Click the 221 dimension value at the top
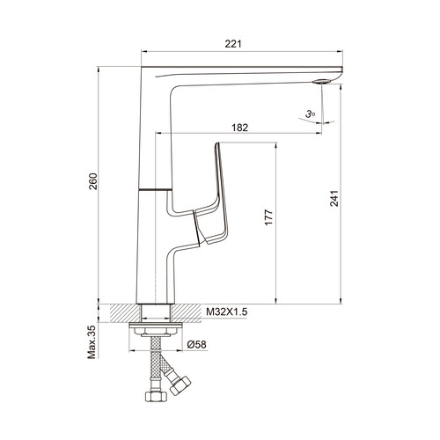(233, 44)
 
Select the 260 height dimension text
(93, 181)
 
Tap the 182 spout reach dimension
(239, 128)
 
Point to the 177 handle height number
(268, 217)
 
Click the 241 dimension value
(334, 199)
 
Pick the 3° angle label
(310, 114)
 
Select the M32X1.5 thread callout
(227, 312)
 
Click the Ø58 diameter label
(197, 344)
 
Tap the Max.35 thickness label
(92, 342)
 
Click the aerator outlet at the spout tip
(322, 82)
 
